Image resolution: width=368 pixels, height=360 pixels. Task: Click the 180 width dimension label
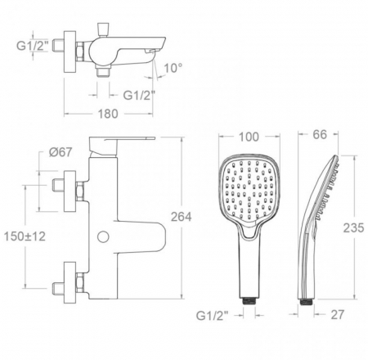click(108, 114)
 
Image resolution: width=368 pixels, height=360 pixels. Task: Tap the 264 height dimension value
click(181, 217)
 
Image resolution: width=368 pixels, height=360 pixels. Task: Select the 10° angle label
click(173, 68)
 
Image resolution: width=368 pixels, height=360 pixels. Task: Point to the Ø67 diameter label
click(61, 152)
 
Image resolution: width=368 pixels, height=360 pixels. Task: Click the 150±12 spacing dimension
click(25, 236)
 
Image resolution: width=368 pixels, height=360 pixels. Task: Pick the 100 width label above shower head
click(249, 137)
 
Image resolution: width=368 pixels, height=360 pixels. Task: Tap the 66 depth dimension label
click(320, 134)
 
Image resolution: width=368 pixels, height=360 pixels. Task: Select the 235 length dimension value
click(353, 227)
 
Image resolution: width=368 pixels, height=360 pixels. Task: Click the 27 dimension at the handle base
click(338, 315)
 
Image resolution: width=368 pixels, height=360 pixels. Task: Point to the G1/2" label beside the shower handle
click(212, 316)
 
